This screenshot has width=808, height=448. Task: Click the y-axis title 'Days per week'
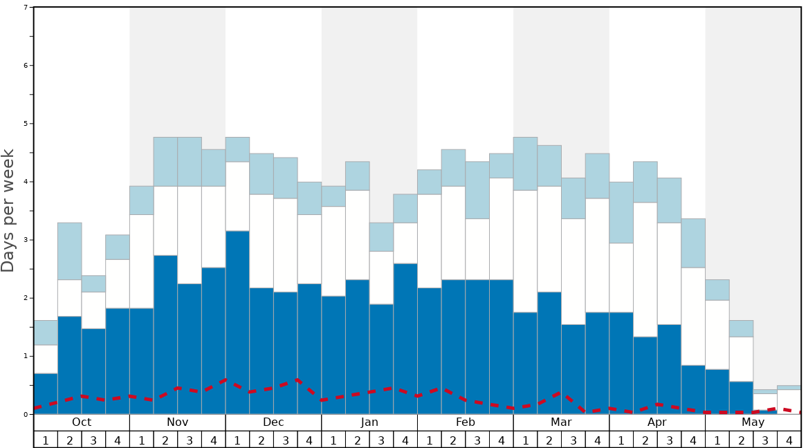click(x=8, y=210)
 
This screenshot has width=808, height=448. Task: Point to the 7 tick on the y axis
click(x=26, y=8)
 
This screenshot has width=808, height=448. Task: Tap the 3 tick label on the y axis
click(x=26, y=240)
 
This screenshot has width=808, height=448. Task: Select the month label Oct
click(x=82, y=422)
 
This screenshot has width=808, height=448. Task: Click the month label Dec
click(x=273, y=422)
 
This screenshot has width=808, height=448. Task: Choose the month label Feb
click(x=466, y=422)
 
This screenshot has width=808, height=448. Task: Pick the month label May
click(x=753, y=422)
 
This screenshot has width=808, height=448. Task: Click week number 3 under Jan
click(x=381, y=440)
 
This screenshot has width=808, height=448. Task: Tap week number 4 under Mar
click(x=597, y=440)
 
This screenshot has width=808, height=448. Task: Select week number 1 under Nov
click(x=142, y=440)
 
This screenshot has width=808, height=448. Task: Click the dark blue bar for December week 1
click(x=237, y=322)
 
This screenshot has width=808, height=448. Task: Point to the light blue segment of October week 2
click(x=69, y=251)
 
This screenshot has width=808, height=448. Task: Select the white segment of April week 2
click(x=645, y=270)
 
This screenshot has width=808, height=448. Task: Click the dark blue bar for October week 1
click(x=46, y=393)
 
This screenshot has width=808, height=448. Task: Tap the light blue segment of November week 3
click(x=190, y=162)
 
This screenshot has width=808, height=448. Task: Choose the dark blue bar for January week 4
click(x=405, y=339)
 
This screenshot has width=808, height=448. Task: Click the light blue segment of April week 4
click(x=693, y=243)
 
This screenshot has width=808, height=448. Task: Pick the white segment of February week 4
click(x=502, y=229)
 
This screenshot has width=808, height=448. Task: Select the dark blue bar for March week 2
click(x=549, y=353)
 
